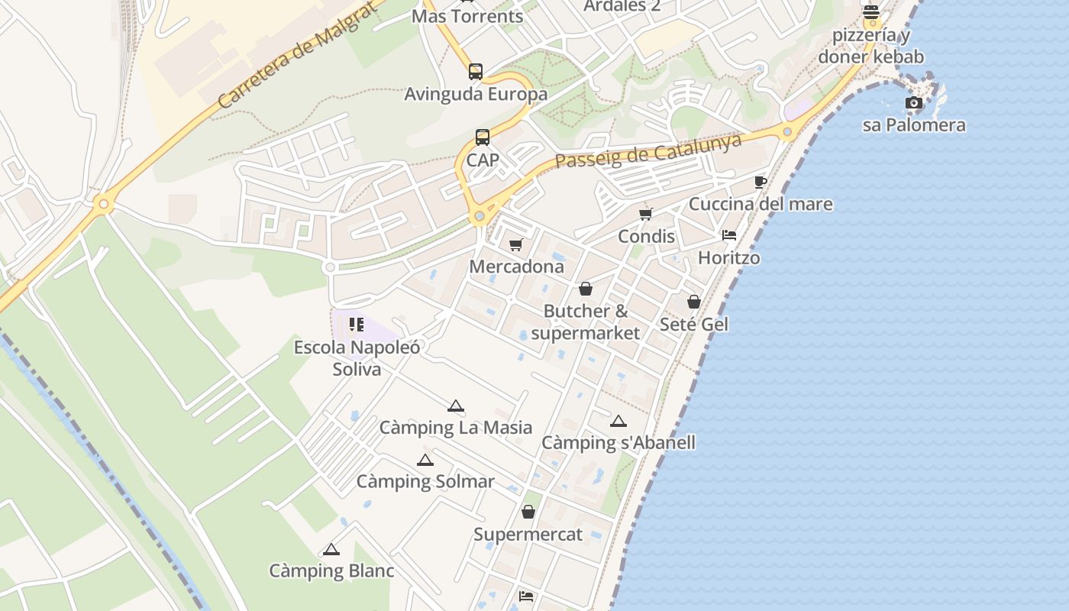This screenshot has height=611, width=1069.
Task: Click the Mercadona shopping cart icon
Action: pyautogui.click(x=516, y=245)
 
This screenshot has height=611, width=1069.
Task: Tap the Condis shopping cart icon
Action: pyautogui.click(x=646, y=215)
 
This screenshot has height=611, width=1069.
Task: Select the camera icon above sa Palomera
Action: pyautogui.click(x=913, y=103)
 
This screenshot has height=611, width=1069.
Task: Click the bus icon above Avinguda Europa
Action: pyautogui.click(x=476, y=72)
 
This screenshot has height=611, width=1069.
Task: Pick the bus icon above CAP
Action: pyautogui.click(x=483, y=137)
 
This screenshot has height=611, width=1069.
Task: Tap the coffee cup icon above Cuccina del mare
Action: pyautogui.click(x=760, y=182)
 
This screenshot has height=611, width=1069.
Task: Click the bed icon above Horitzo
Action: pyautogui.click(x=729, y=235)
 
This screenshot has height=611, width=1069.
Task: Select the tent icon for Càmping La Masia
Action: pyautogui.click(x=456, y=406)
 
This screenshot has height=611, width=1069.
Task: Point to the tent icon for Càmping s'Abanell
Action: pyautogui.click(x=618, y=421)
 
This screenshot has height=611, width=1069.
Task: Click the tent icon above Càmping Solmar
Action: pyautogui.click(x=425, y=461)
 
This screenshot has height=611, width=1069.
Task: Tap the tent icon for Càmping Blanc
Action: pyautogui.click(x=331, y=549)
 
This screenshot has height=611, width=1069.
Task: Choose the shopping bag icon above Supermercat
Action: pyautogui.click(x=528, y=512)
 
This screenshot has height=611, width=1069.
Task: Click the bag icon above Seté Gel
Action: pyautogui.click(x=694, y=302)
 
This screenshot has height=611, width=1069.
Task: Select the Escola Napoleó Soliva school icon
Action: pyautogui.click(x=356, y=325)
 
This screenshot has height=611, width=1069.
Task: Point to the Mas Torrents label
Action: pyautogui.click(x=467, y=16)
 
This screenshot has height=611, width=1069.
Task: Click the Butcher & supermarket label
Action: pyautogui.click(x=586, y=322)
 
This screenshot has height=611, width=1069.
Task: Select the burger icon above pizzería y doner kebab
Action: pyautogui.click(x=871, y=12)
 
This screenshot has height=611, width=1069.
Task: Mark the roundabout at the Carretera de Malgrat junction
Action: pyautogui.click(x=104, y=204)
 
